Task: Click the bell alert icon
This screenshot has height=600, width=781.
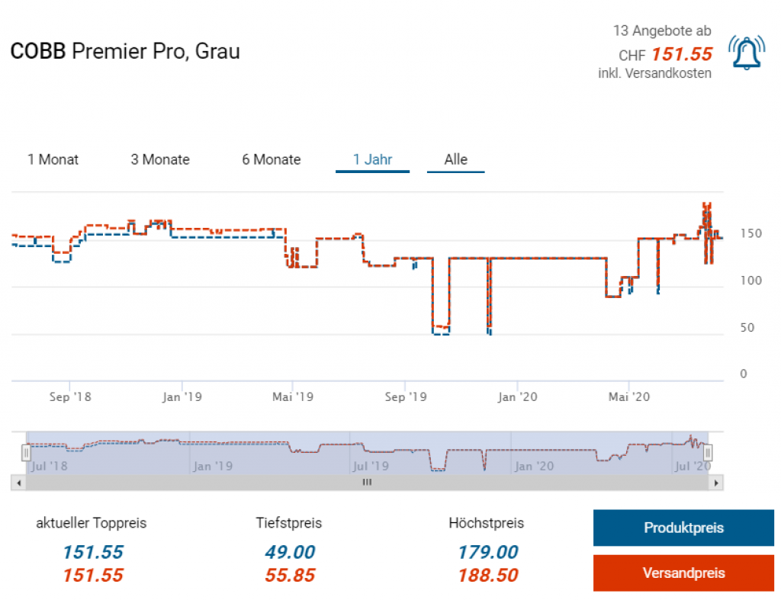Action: tap(745, 53)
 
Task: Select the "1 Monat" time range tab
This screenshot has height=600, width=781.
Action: tap(53, 160)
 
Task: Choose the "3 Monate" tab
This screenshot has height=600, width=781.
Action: tap(160, 160)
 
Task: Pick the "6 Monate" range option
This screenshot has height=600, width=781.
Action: tap(272, 160)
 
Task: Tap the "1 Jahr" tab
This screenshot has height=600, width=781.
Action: tap(372, 160)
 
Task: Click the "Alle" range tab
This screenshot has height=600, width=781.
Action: tap(456, 160)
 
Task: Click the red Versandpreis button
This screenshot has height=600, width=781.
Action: tap(683, 573)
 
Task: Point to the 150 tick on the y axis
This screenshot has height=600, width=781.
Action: tap(751, 233)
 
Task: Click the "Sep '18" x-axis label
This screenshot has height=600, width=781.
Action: tap(70, 396)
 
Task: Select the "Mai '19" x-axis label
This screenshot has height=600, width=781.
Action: tap(293, 396)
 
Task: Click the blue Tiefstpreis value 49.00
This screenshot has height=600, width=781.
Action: tap(290, 553)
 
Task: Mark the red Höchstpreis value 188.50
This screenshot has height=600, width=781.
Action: tap(487, 576)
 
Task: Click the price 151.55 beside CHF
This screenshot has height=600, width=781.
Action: tap(682, 55)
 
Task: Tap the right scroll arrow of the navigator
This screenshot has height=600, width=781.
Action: tap(715, 483)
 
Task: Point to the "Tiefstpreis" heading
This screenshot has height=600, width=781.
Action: tap(289, 523)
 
